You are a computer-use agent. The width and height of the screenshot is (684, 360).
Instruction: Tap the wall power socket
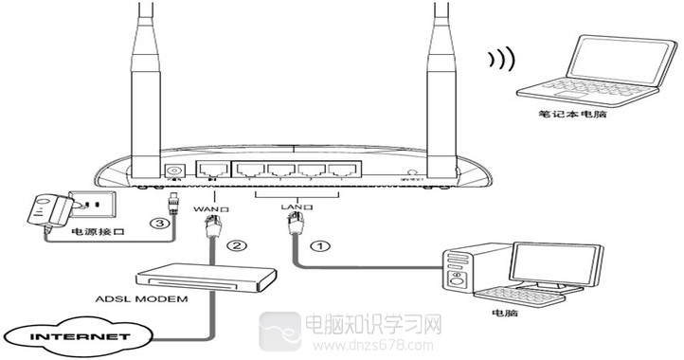pyautogui.click(x=96, y=203)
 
